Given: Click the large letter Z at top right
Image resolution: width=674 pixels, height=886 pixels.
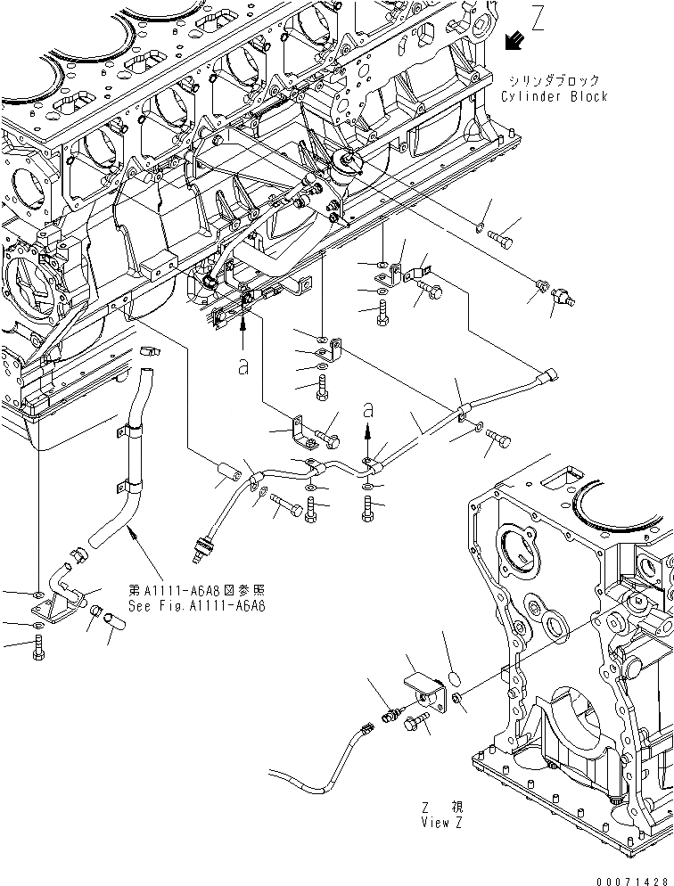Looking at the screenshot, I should (538, 19).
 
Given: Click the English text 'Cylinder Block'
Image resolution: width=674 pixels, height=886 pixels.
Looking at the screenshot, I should (554, 96).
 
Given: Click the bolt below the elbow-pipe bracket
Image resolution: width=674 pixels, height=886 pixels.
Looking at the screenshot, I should (37, 660).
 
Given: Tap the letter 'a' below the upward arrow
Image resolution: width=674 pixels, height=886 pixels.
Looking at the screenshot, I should (243, 367).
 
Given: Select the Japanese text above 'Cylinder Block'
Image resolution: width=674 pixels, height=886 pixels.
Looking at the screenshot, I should (554, 80).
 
